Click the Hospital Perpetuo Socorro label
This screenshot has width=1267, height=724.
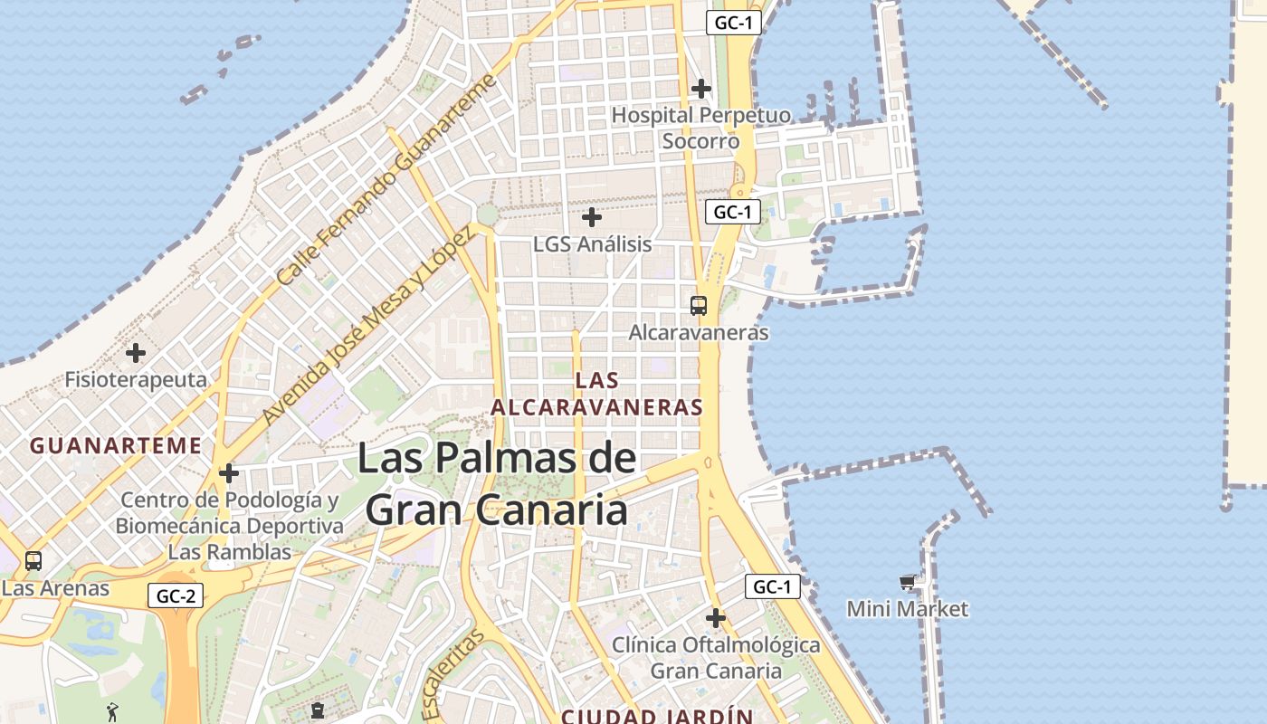[700, 129]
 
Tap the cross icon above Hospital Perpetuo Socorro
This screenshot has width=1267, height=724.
[700, 89]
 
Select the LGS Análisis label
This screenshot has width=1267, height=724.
[592, 244]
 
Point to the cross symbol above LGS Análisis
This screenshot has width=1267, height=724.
[592, 217]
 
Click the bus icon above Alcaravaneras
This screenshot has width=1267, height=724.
[699, 306]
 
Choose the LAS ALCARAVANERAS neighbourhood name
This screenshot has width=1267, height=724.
[596, 394]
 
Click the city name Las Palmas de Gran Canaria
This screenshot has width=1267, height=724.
[496, 484]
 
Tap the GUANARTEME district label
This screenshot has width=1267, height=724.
[115, 445]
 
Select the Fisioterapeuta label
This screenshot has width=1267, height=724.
[136, 379]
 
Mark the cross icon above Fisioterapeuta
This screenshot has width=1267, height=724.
[136, 352]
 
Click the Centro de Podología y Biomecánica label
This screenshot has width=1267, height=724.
[230, 526]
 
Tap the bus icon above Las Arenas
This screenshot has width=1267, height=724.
[33, 561]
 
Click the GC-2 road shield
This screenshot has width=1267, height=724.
[176, 595]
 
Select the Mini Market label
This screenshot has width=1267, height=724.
[907, 609]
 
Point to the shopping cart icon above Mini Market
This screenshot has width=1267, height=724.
[907, 582]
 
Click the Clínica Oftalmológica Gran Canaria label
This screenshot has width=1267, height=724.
[716, 658]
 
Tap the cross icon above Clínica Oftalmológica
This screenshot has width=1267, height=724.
[716, 619]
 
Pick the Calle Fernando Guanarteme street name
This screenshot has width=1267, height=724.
[387, 179]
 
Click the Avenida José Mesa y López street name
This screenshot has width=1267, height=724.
[367, 327]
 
